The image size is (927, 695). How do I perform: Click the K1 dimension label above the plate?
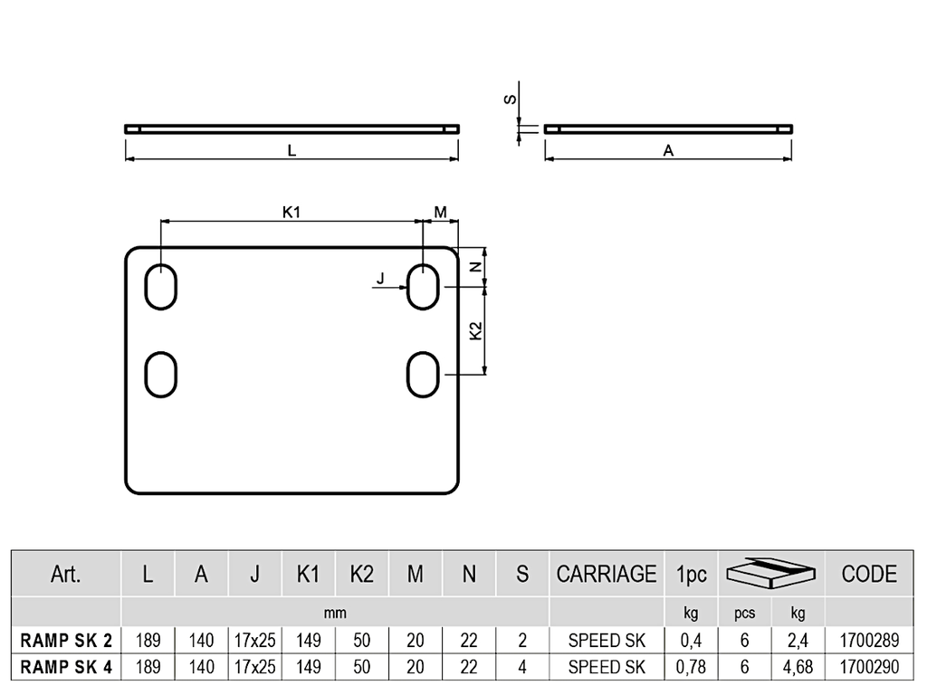[x=291, y=212]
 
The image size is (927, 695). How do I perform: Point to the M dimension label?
[x=441, y=212]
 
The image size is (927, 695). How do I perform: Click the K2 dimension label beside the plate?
[x=476, y=331]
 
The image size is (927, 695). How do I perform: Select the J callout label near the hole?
[x=380, y=279]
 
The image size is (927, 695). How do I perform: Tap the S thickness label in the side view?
[x=510, y=100]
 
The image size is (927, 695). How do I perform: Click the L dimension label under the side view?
[x=292, y=151]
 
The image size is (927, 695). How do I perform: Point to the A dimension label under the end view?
[x=668, y=151]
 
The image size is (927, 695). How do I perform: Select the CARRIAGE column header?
[x=607, y=574]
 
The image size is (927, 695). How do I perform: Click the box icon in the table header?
[x=771, y=573]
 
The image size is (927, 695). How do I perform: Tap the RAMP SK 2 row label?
[x=66, y=641]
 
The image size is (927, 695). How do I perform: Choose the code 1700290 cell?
[x=869, y=667]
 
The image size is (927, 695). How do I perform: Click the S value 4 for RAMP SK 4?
[x=522, y=667]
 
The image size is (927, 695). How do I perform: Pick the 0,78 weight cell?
[x=691, y=667]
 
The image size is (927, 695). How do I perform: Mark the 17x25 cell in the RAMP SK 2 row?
[x=254, y=641]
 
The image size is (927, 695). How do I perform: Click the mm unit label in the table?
[x=335, y=613]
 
